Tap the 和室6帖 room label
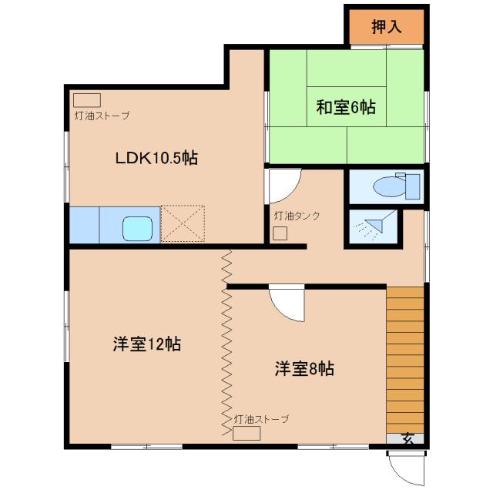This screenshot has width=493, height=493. [x=346, y=107]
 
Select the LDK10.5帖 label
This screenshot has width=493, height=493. [x=156, y=158]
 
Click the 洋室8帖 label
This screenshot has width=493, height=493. [x=304, y=368]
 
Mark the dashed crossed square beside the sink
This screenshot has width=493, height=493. [x=183, y=224]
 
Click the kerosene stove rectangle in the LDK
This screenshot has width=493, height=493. [x=87, y=100]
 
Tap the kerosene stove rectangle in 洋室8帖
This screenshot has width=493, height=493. [x=246, y=433]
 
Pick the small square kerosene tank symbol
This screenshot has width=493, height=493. [x=280, y=233]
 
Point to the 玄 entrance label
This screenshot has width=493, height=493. [x=407, y=439]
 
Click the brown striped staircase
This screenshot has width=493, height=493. [x=405, y=358]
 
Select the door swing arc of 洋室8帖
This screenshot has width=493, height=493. [x=287, y=306]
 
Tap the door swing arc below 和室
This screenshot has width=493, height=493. [x=283, y=184]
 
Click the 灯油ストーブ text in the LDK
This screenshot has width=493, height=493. [x=101, y=116]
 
